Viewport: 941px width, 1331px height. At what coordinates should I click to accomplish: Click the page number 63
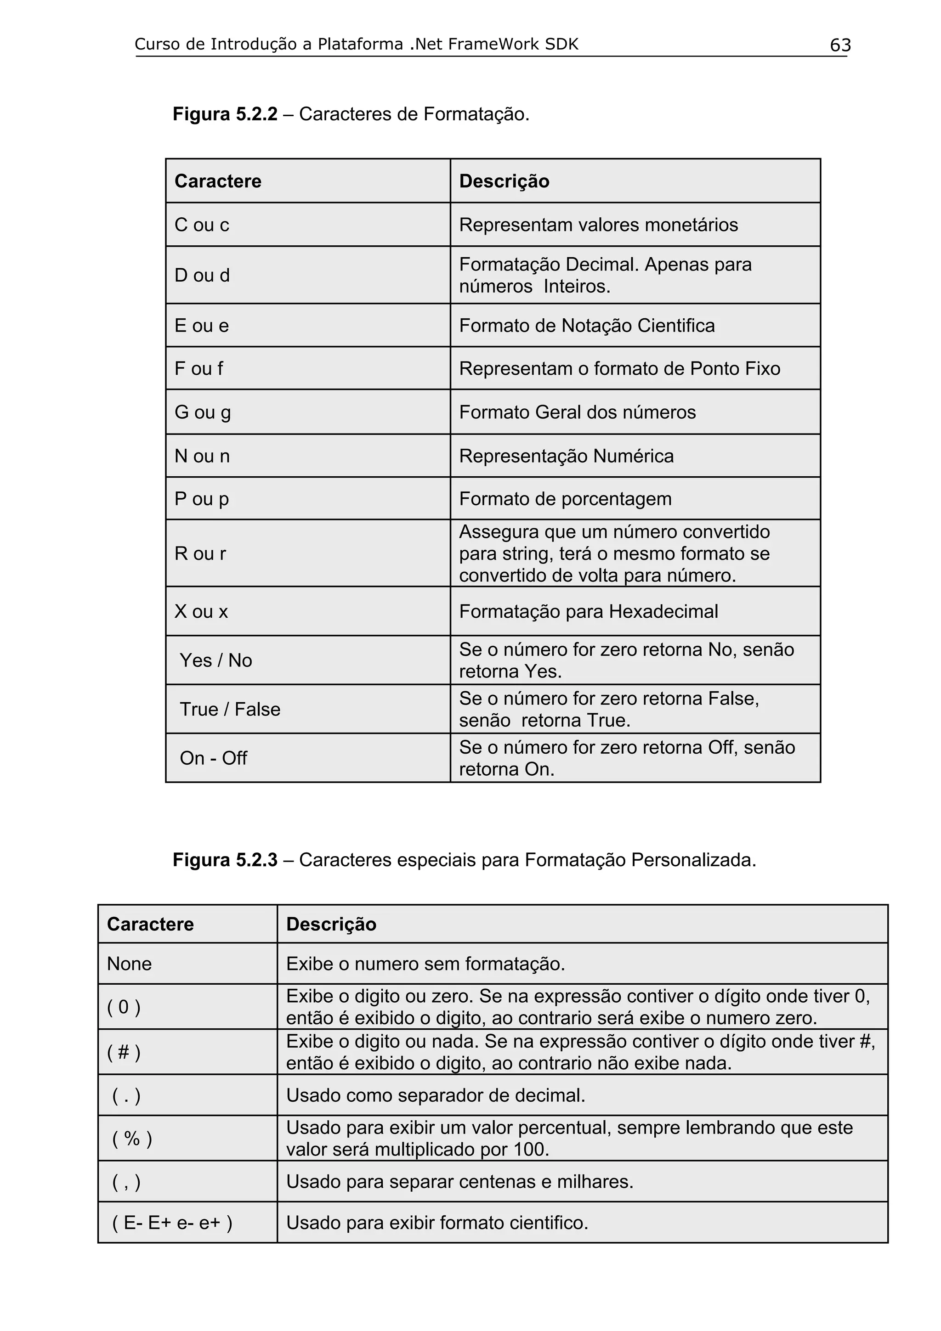(x=840, y=45)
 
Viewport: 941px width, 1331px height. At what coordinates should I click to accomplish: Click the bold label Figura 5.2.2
(x=225, y=114)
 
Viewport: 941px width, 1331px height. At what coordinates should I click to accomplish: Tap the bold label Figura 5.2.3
(x=225, y=860)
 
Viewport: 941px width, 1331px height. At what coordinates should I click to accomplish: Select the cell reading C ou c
(x=202, y=225)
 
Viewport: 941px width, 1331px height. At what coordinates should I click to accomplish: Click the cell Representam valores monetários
(x=598, y=225)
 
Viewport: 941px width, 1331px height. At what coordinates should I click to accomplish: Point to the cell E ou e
(x=202, y=326)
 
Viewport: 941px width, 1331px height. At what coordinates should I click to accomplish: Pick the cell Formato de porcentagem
(x=565, y=499)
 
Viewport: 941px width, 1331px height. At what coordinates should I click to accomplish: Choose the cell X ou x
(x=201, y=612)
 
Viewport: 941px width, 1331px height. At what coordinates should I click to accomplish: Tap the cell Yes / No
(x=215, y=660)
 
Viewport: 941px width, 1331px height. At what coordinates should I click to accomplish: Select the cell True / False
(x=230, y=710)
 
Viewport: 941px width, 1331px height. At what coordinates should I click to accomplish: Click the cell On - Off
(x=213, y=758)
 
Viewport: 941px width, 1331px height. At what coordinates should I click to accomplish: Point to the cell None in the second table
(x=129, y=964)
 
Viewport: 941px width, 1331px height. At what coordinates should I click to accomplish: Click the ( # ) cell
(x=124, y=1052)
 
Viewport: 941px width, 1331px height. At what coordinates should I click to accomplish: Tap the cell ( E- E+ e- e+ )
(x=172, y=1223)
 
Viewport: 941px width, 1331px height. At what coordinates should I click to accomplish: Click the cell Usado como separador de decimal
(x=436, y=1096)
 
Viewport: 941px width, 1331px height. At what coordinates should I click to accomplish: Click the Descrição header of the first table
(x=504, y=181)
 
